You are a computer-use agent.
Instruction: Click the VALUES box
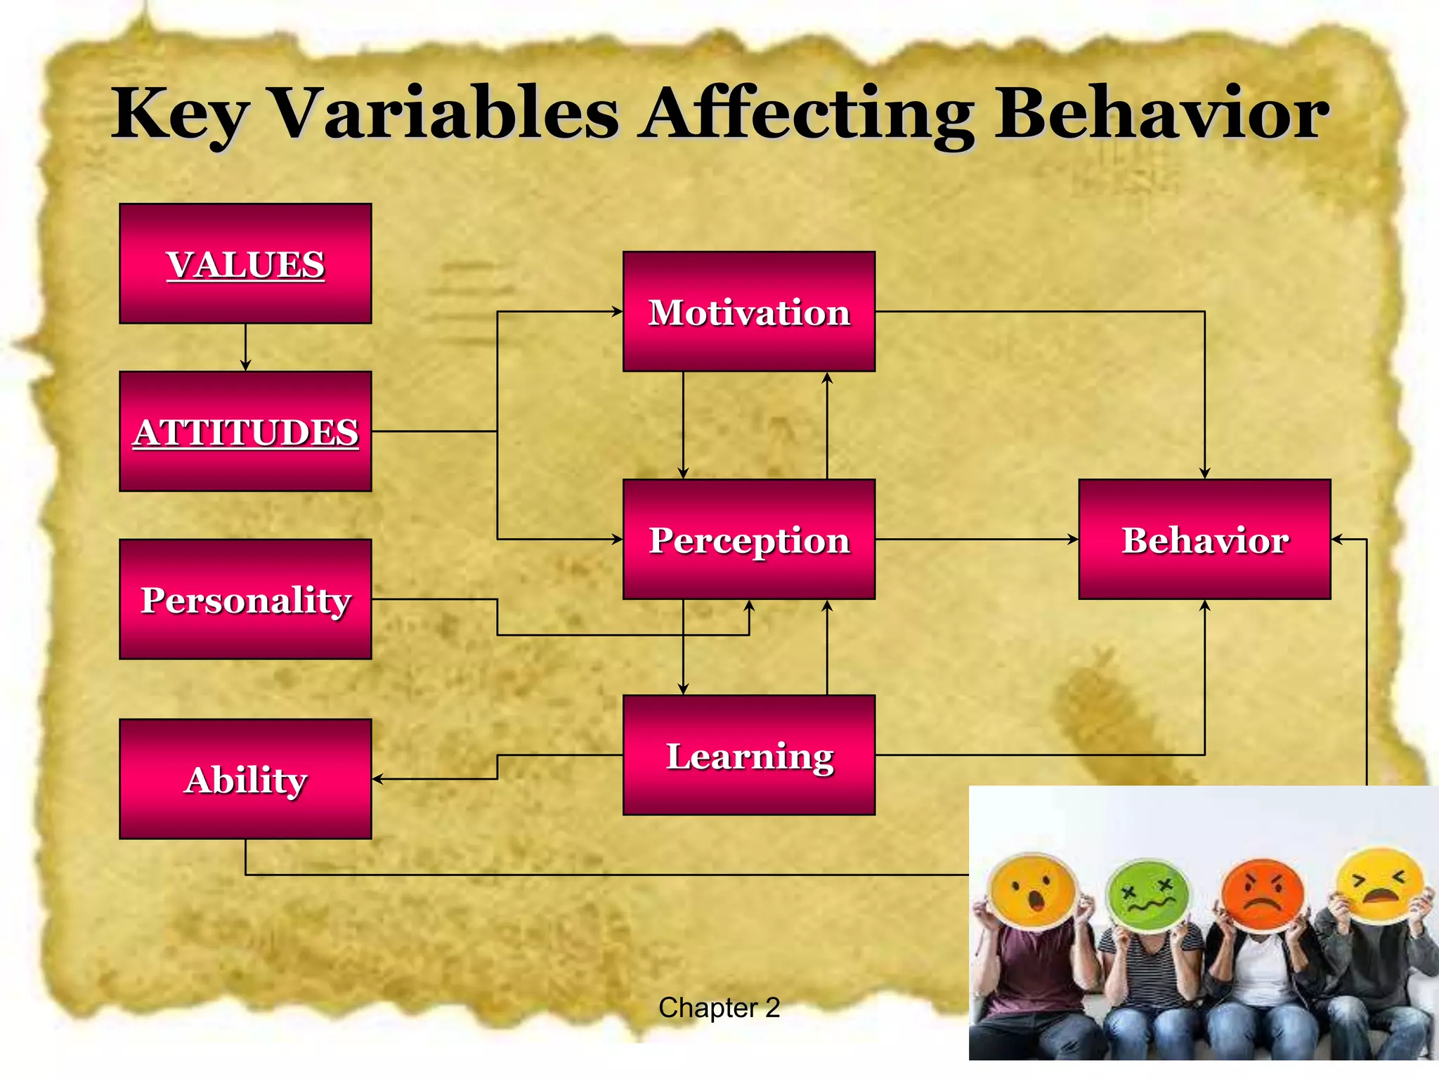pyautogui.click(x=245, y=263)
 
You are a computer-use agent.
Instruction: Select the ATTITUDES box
pyautogui.click(x=245, y=431)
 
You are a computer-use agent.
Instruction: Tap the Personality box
pyautogui.click(x=245, y=599)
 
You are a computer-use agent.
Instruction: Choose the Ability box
pyautogui.click(x=245, y=778)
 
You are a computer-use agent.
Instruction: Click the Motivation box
pyautogui.click(x=749, y=311)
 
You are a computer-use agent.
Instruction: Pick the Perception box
pyautogui.click(x=749, y=539)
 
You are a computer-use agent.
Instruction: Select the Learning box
pyautogui.click(x=749, y=755)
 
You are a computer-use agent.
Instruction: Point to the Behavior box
pyautogui.click(x=1204, y=539)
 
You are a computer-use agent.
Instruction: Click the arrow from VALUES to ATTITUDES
pyautogui.click(x=245, y=348)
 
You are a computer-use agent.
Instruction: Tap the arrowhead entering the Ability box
pyautogui.click(x=378, y=778)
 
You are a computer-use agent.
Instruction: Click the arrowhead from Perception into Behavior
pyautogui.click(x=1072, y=539)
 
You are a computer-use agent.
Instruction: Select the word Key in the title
pyautogui.click(x=180, y=114)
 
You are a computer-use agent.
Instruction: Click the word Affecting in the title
pyautogui.click(x=808, y=114)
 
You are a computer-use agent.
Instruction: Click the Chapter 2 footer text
pyautogui.click(x=719, y=1008)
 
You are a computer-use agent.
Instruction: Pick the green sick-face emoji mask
pyautogui.click(x=1147, y=896)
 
